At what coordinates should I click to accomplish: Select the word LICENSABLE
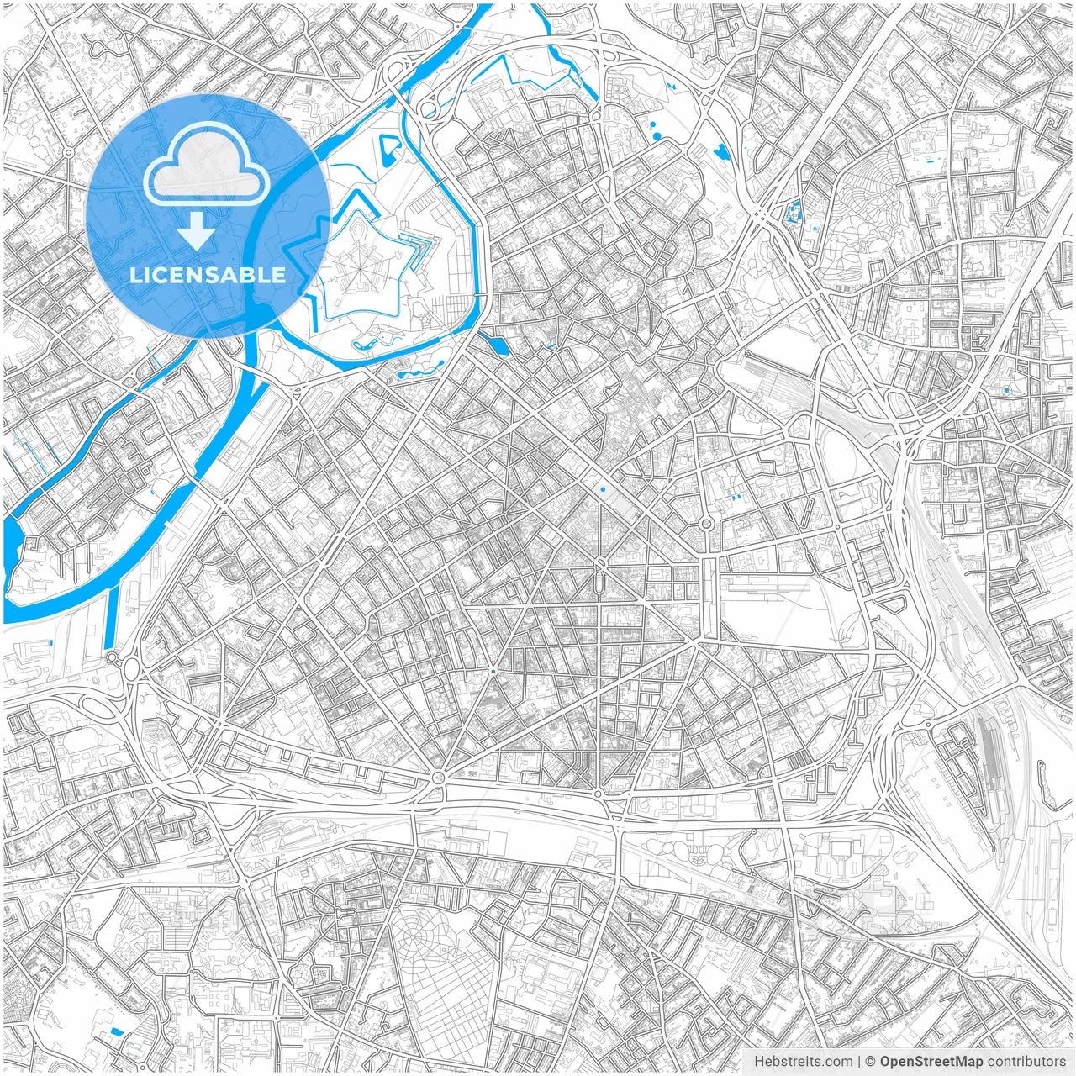(208, 275)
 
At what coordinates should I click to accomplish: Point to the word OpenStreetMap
(931, 1062)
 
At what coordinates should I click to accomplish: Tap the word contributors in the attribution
(1026, 1062)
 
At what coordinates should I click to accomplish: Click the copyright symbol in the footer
(871, 1062)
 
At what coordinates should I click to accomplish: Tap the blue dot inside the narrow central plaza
(603, 489)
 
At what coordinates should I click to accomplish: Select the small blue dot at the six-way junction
(493, 671)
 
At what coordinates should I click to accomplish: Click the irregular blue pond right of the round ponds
(720, 152)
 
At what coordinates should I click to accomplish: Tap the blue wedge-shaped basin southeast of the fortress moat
(498, 345)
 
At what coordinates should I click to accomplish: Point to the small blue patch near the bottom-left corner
(115, 1031)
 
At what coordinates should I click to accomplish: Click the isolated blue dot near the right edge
(1006, 391)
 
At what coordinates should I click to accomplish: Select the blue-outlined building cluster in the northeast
(792, 213)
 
